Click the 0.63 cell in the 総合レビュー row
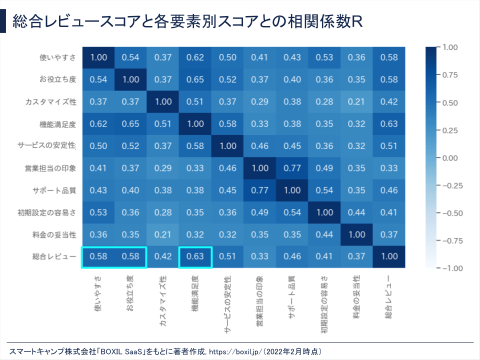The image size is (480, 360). click(x=195, y=257)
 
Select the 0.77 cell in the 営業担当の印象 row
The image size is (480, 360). click(x=292, y=168)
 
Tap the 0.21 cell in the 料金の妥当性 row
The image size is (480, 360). click(x=163, y=235)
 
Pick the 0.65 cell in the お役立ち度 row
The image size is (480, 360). click(x=195, y=80)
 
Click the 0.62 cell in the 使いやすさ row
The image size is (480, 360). click(x=195, y=58)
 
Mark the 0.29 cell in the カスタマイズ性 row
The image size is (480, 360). click(x=260, y=102)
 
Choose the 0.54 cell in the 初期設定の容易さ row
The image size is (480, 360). click(x=292, y=212)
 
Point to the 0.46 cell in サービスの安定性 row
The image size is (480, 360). click(x=260, y=146)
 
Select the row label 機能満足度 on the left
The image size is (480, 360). click(x=57, y=124)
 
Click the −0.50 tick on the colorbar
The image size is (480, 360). click(x=450, y=213)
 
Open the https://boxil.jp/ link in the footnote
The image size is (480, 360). click(x=234, y=351)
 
